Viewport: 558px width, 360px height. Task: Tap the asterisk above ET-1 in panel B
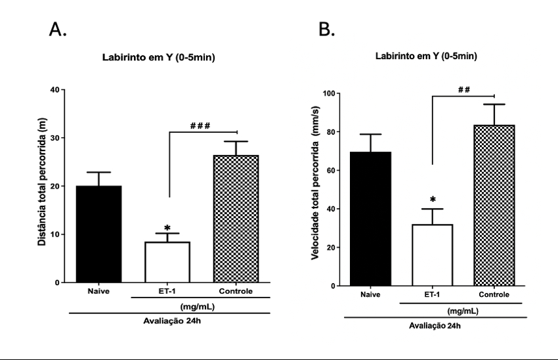pos(432,200)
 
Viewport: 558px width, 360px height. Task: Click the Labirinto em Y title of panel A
pos(159,58)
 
